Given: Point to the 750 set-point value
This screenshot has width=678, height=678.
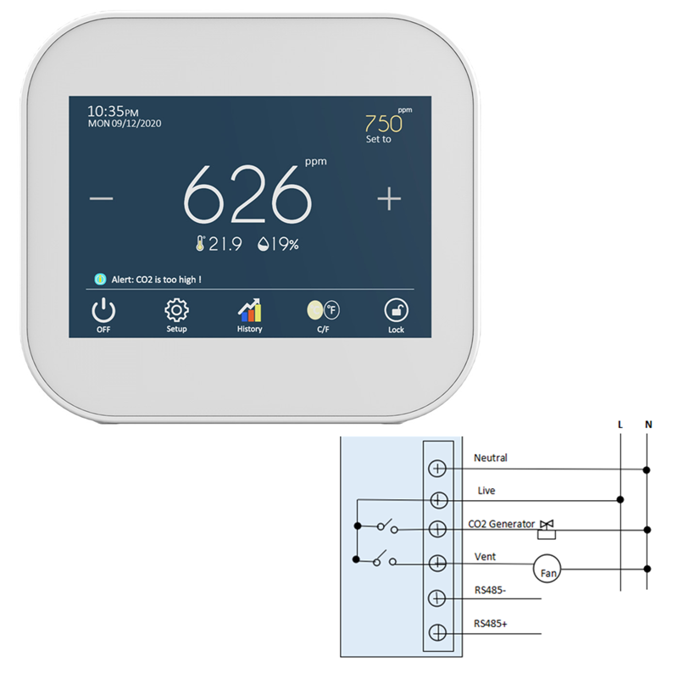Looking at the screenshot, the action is [384, 123].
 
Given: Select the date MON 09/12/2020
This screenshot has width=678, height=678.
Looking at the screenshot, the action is [125, 124].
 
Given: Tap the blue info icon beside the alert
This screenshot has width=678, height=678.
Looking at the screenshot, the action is [101, 278].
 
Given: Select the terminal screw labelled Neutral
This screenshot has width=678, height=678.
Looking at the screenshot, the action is [438, 468].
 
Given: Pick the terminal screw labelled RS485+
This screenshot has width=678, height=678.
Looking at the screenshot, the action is [438, 632].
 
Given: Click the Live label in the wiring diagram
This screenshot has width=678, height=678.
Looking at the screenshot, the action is [486, 491].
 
